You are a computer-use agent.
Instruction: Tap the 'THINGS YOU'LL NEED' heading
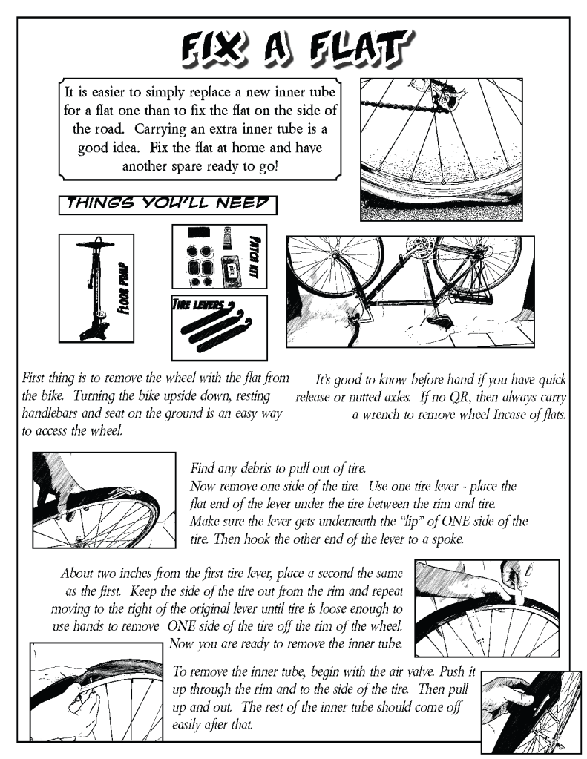point(167,204)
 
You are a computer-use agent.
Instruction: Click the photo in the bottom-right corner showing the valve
point(531,712)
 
